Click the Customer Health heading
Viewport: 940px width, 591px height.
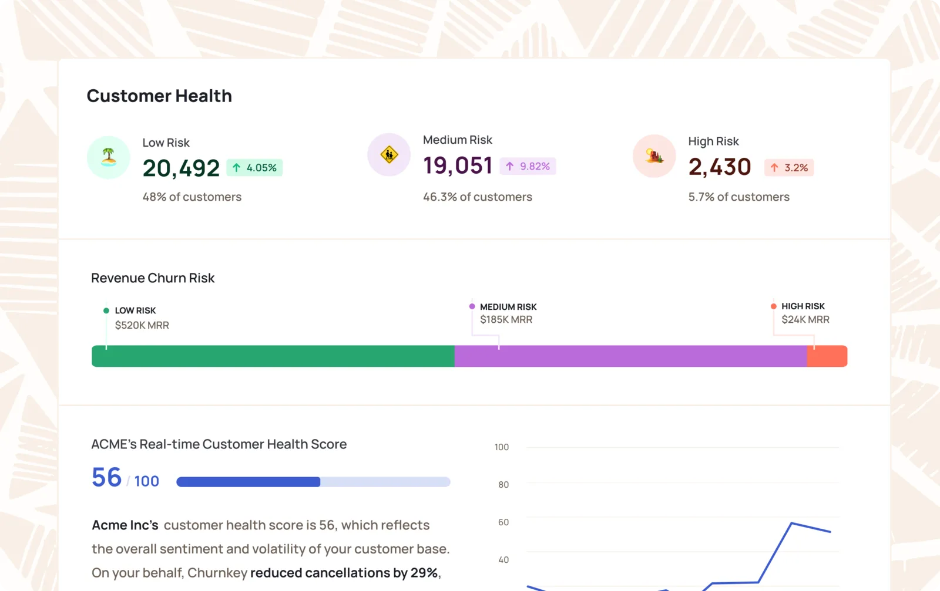(x=159, y=96)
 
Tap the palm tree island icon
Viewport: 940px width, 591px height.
(x=109, y=157)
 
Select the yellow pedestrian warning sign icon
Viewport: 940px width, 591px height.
(x=389, y=155)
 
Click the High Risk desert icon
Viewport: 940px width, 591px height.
(x=654, y=156)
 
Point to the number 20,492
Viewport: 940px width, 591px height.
(x=181, y=168)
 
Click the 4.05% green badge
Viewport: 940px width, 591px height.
(x=254, y=168)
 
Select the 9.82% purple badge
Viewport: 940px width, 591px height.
(x=528, y=166)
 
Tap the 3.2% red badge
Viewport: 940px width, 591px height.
(x=789, y=168)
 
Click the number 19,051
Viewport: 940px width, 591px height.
(x=458, y=165)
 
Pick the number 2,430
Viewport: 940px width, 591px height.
(x=719, y=167)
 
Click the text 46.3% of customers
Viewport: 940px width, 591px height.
(x=478, y=197)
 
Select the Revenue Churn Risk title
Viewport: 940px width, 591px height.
(x=153, y=278)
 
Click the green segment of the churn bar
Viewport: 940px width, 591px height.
(x=273, y=356)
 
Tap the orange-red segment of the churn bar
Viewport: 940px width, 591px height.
(x=827, y=356)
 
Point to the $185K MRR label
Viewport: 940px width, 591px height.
(x=506, y=319)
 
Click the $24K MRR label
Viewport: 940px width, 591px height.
(x=805, y=319)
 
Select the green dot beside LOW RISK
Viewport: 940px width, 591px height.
(x=106, y=310)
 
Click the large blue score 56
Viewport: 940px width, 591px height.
(x=106, y=477)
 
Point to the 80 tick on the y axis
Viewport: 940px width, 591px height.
(x=503, y=485)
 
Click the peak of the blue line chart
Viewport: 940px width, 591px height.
(x=791, y=523)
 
